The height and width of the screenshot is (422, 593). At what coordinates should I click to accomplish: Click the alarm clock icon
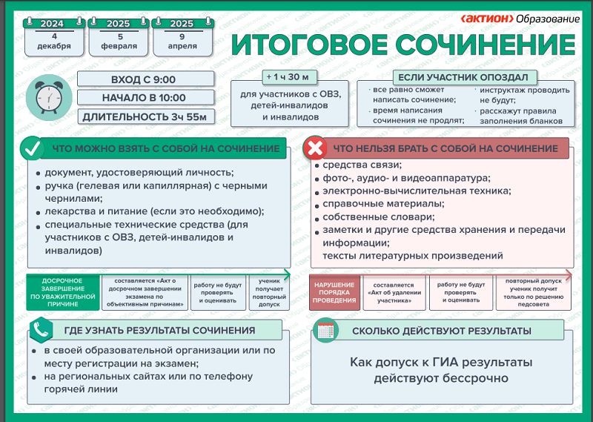click(47, 96)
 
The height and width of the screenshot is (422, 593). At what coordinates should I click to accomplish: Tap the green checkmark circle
click(31, 148)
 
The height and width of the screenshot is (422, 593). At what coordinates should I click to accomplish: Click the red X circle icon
click(314, 148)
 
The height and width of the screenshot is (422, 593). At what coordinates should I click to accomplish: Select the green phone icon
click(40, 329)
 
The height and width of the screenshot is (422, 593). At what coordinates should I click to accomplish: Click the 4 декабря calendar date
click(53, 37)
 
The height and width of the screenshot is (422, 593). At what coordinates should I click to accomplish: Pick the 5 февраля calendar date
click(118, 37)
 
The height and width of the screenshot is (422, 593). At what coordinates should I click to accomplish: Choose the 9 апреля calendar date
click(182, 37)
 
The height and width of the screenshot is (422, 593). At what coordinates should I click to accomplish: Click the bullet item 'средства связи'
click(358, 165)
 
